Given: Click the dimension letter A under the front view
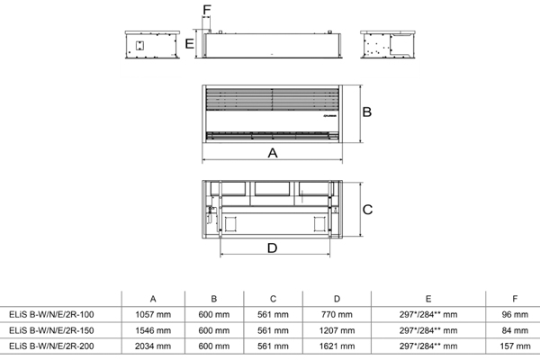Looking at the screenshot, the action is coord(273,153).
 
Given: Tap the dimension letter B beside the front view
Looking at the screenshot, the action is coord(367,112).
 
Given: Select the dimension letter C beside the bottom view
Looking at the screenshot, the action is coord(367,210).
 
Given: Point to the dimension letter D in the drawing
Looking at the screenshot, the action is coord(272,248).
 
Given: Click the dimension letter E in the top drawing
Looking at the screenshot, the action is coord(189,44).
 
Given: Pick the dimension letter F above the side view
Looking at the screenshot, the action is coord(207,10).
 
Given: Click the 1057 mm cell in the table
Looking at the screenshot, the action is coord(153,314).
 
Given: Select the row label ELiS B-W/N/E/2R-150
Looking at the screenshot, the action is coord(51,330).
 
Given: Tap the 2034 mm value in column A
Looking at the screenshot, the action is coord(153,346).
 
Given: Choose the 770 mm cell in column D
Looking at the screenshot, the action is coord(337,314).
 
